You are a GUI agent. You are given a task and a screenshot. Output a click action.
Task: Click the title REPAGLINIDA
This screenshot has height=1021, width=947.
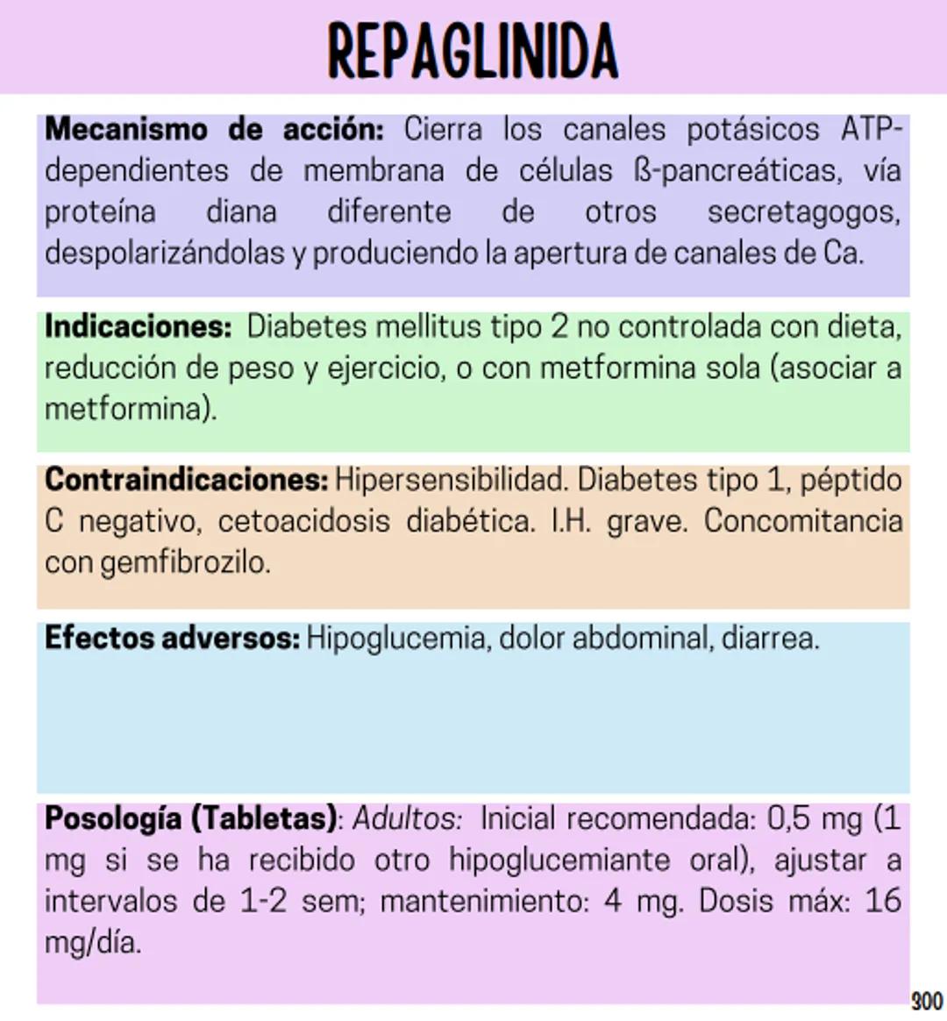[x=473, y=51]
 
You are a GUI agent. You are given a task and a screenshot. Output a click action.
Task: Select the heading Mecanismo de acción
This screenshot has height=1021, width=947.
[x=214, y=130]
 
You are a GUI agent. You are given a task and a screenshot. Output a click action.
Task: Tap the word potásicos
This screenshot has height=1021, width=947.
[x=752, y=130]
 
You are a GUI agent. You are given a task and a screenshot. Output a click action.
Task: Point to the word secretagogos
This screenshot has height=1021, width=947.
[x=803, y=212]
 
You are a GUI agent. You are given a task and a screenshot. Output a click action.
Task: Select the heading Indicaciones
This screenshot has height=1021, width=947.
[x=138, y=327]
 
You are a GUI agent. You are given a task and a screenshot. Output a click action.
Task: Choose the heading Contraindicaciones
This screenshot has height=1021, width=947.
[x=186, y=480]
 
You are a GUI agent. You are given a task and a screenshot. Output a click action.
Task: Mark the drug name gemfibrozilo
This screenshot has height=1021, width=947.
[x=185, y=562]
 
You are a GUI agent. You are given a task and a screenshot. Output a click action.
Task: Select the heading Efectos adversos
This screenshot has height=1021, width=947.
[x=172, y=638]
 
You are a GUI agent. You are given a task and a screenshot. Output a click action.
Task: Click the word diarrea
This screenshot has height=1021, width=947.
[x=770, y=638]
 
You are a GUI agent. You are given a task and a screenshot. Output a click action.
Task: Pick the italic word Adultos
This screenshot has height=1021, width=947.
[x=407, y=818]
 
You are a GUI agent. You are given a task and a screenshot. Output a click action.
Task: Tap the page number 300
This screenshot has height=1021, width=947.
[x=927, y=1001]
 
